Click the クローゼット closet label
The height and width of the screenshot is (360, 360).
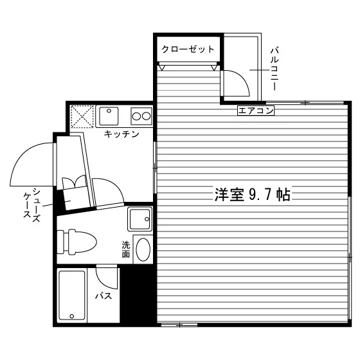point(188,49)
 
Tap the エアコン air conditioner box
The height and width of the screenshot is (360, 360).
point(256,111)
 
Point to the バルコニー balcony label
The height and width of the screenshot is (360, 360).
point(274,69)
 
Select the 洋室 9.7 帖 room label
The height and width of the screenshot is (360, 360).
point(253,194)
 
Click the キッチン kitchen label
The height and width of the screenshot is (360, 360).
point(122,134)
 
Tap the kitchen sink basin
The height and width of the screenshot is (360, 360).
point(109,116)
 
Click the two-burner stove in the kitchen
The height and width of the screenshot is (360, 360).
point(141,116)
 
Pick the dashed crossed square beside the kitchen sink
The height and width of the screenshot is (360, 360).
point(82,116)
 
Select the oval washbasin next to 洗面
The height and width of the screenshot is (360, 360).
point(143,249)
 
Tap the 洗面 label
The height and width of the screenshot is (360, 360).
point(126,249)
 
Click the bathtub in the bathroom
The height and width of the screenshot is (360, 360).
point(71,296)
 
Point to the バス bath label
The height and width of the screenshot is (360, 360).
point(104,296)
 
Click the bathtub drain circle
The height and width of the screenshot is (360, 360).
point(71,316)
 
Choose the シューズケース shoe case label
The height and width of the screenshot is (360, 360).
point(32,205)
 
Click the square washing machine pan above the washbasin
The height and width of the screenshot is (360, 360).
point(140,219)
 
